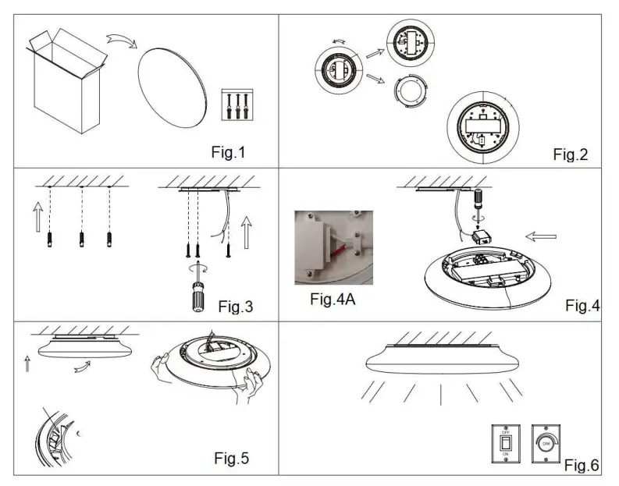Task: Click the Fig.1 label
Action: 228,152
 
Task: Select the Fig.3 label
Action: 236,306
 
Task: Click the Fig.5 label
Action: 232,458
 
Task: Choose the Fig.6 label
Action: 582,466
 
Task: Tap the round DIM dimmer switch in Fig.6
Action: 545,443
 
